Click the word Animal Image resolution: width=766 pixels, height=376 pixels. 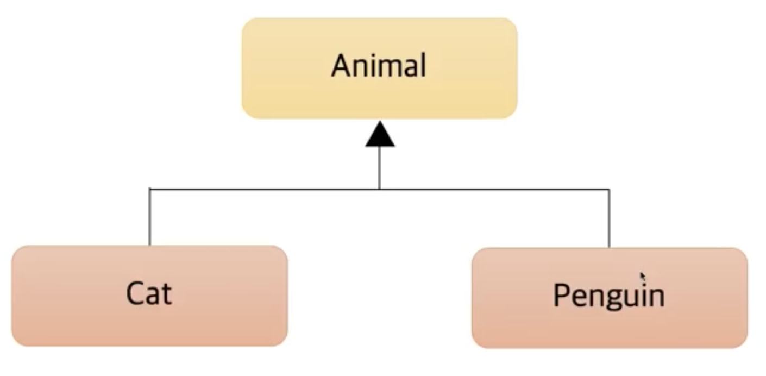[379, 66]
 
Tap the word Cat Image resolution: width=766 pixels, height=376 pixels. [149, 293]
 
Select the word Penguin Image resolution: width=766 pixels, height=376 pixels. [608, 296]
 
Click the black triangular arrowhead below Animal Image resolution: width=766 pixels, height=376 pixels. [380, 136]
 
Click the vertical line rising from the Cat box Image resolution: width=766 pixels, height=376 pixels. [149, 217]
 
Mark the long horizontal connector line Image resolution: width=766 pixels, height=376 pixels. [489, 189]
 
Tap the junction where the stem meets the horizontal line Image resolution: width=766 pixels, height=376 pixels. [380, 189]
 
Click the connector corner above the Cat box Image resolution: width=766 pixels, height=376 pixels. [149, 189]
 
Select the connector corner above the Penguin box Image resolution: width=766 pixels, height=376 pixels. [609, 189]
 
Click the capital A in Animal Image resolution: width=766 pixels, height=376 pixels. [341, 66]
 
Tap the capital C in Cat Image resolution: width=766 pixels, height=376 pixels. [136, 293]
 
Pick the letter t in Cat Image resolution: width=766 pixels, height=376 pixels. [166, 294]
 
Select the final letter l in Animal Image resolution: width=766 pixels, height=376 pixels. [423, 65]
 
